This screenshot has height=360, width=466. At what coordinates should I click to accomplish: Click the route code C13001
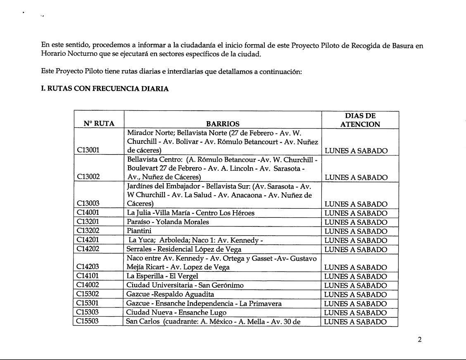[x=88, y=150]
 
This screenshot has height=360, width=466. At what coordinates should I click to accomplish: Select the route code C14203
[x=88, y=267]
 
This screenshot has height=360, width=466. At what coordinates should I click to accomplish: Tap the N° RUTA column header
[x=99, y=124]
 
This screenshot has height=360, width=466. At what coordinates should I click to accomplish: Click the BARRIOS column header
[x=223, y=124]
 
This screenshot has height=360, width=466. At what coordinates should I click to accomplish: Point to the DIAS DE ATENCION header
[x=360, y=120]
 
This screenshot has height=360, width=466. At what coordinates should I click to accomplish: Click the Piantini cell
[x=139, y=231]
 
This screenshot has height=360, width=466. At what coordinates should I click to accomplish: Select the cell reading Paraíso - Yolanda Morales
[x=168, y=222]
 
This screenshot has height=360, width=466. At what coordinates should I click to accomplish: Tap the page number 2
[x=419, y=340]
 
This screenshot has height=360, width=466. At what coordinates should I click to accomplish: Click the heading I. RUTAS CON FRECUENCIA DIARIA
[x=105, y=89]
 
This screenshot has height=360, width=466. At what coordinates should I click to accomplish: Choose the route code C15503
[x=88, y=322]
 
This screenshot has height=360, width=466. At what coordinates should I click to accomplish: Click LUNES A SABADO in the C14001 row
[x=356, y=213]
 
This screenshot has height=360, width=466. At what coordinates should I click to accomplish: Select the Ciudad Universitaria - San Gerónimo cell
[x=185, y=285]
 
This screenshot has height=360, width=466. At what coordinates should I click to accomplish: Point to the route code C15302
[x=88, y=294]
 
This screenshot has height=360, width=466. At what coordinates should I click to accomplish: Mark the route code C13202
[x=88, y=231]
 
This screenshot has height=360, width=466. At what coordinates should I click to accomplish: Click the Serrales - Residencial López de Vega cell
[x=184, y=249]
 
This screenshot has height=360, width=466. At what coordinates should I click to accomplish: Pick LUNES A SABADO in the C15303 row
[x=356, y=312]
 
